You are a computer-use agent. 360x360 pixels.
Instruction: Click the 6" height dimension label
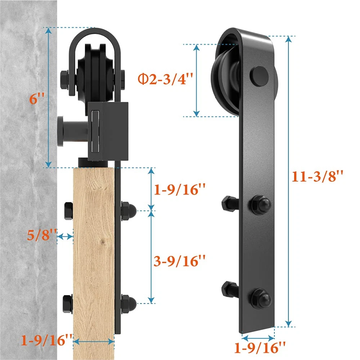[37, 99]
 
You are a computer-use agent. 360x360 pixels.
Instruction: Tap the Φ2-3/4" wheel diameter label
[165, 79]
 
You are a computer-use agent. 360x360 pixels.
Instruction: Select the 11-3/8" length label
[317, 176]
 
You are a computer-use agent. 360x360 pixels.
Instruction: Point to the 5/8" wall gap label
[42, 235]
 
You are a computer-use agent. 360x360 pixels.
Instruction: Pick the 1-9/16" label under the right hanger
[260, 347]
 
